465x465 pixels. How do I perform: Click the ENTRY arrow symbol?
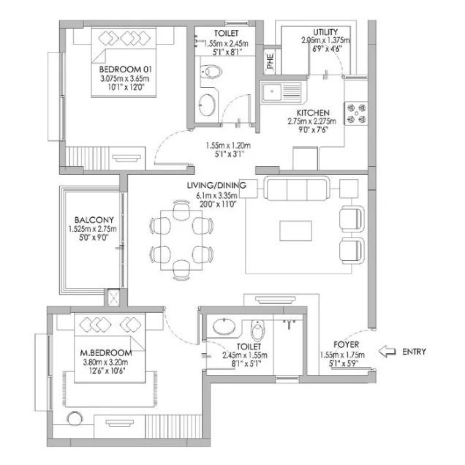coord(387,352)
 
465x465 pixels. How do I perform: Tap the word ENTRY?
coord(414,352)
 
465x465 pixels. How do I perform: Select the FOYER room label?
coord(346,344)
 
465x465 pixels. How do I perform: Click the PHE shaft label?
coord(271,61)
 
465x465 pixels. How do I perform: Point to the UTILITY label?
coord(325,32)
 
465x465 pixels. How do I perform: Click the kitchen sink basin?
coord(272,92)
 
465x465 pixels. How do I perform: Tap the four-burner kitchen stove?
coord(356,113)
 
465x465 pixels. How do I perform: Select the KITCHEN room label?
coord(313,113)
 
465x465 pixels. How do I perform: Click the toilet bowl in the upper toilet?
coord(211,72)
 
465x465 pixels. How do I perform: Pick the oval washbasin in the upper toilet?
coord(208,105)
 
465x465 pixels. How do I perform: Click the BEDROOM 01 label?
coord(125,69)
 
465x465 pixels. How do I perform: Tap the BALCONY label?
coord(94,220)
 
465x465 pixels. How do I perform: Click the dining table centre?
coord(181,241)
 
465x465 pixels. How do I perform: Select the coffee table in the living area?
coord(295,231)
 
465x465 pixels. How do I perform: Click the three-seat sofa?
coord(296,189)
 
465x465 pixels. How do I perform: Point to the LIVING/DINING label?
coord(216,186)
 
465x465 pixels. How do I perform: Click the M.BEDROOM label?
coord(106,353)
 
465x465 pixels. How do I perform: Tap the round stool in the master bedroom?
coord(75,419)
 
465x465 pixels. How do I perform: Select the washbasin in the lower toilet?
coord(224,327)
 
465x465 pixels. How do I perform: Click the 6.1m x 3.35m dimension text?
coord(216,195)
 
